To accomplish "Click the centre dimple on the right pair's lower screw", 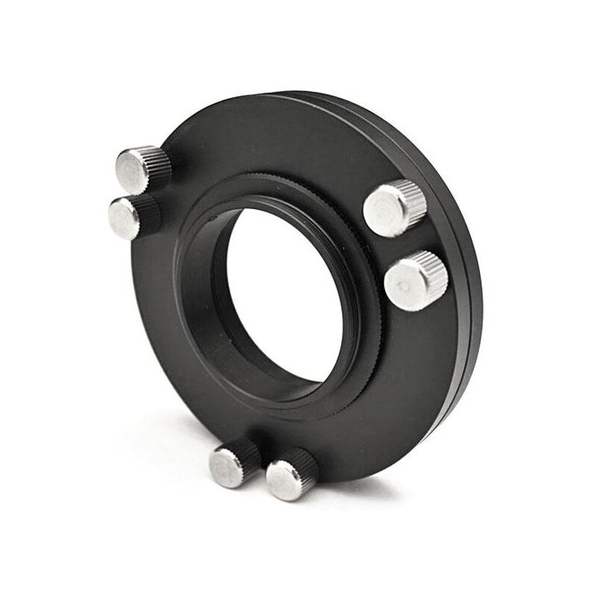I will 404,286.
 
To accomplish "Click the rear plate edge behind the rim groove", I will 475,246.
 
